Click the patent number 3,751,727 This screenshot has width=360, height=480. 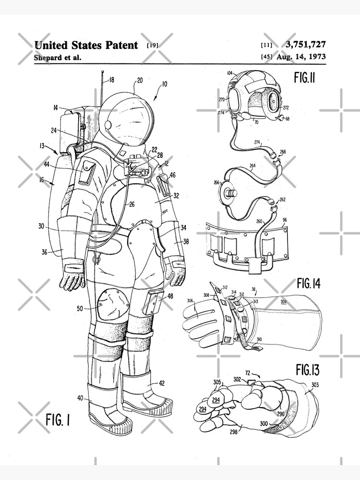305,45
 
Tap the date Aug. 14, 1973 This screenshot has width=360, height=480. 301,57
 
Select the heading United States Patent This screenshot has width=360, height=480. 86,45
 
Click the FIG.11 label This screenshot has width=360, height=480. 304,77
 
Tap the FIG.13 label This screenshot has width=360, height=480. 308,370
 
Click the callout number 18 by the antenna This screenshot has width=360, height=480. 111,80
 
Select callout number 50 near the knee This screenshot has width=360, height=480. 80,308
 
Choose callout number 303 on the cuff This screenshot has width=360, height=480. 315,384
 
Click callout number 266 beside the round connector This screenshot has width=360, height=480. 216,182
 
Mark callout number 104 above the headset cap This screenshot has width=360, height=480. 230,72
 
